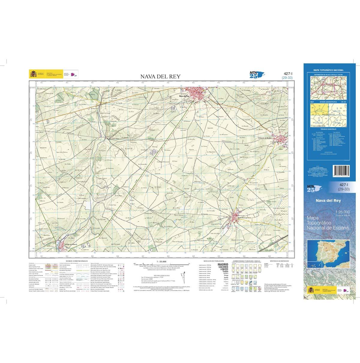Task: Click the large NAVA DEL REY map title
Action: click(x=160, y=76)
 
